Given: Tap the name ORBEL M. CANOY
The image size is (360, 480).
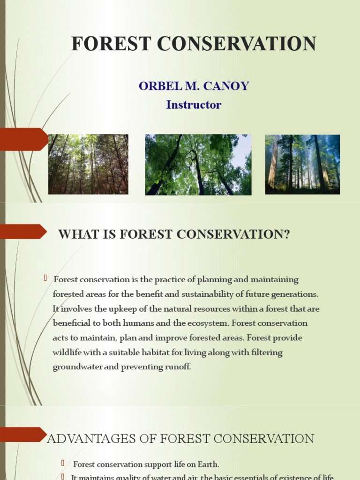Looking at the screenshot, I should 194,86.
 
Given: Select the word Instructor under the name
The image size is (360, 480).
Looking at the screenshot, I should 194,105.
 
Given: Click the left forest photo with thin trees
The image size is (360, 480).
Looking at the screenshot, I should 88,164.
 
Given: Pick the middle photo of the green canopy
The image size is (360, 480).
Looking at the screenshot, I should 198,165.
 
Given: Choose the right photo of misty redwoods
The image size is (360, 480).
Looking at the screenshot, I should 302,164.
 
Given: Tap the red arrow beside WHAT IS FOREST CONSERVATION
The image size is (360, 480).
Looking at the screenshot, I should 23,231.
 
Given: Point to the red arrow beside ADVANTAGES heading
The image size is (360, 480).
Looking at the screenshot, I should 23,434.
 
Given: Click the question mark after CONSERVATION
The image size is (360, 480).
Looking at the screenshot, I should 287,234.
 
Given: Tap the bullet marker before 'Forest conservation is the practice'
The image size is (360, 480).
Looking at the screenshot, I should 46,278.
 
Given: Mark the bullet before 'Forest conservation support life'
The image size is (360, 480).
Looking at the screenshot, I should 62,463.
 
